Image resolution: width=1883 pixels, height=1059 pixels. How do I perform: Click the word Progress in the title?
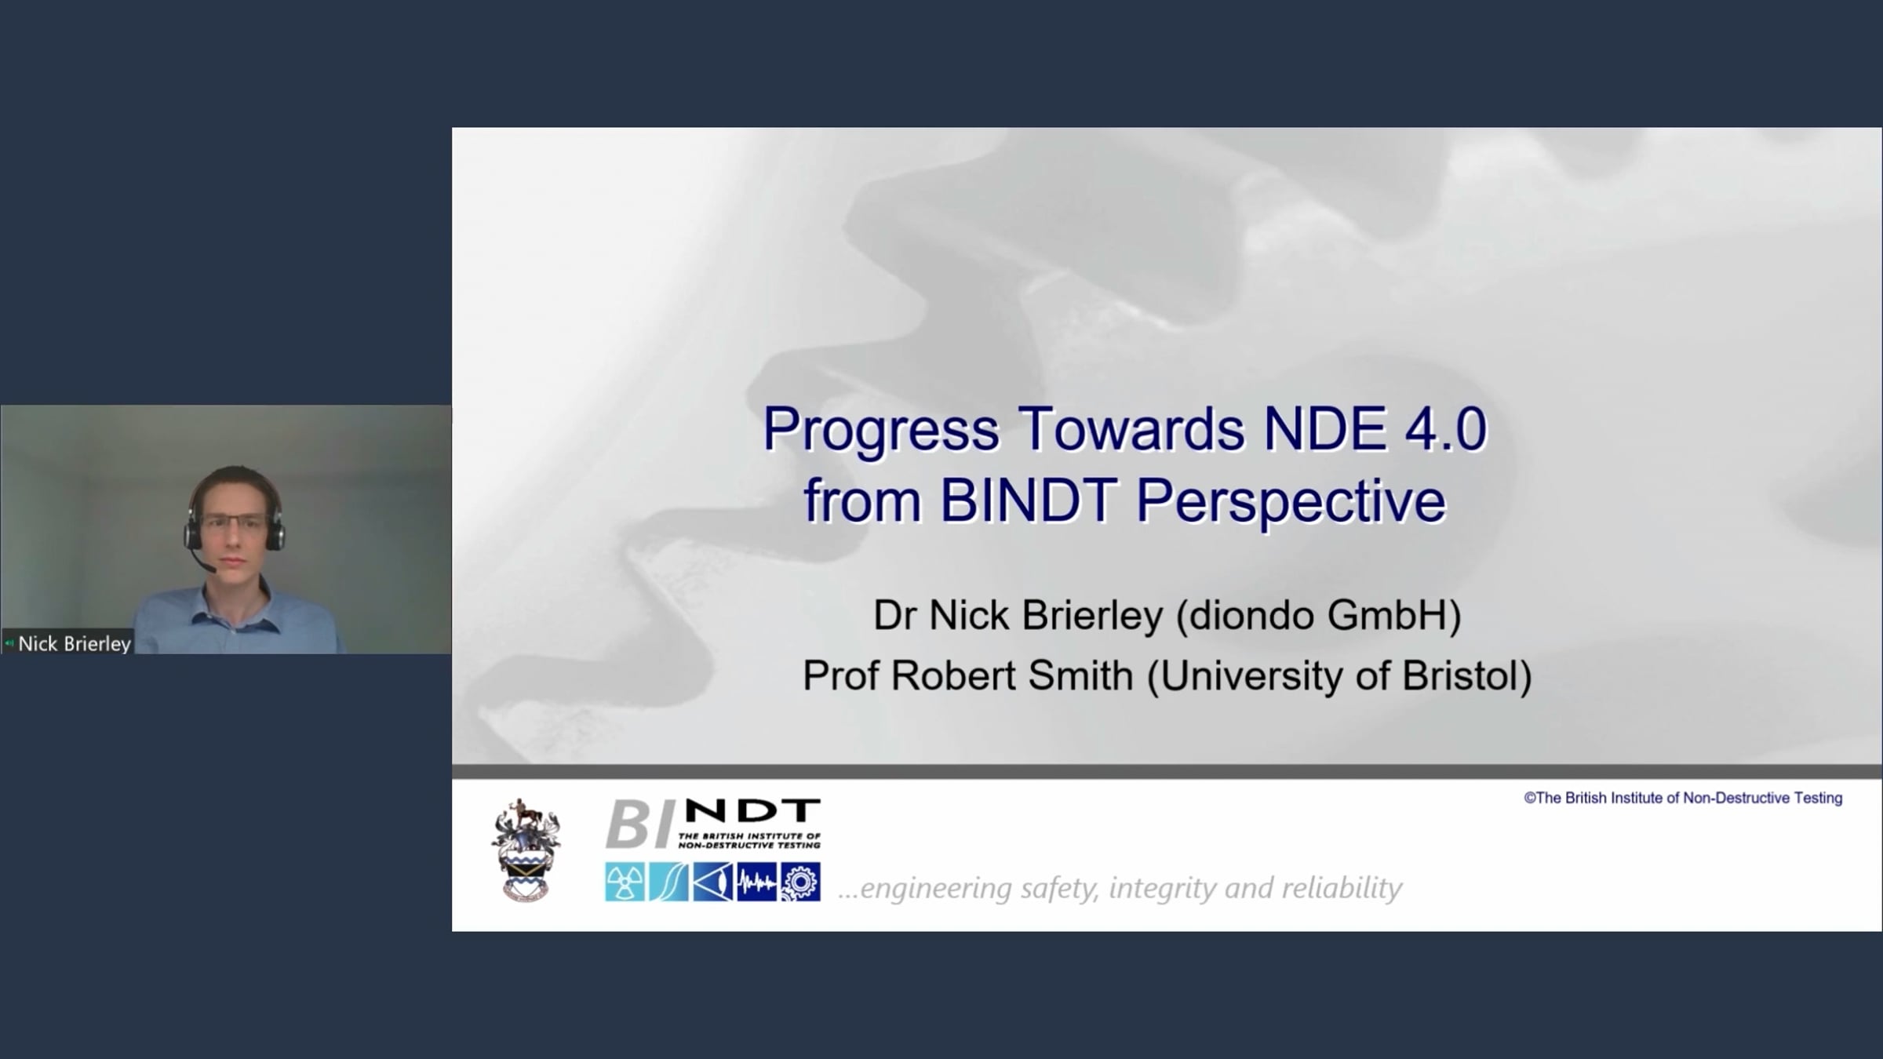[x=881, y=431]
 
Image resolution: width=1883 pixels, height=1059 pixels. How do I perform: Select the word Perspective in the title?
[x=1291, y=502]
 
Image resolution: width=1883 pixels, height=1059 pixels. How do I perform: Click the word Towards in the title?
[x=1132, y=429]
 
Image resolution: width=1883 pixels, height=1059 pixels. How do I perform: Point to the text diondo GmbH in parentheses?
[x=1318, y=616]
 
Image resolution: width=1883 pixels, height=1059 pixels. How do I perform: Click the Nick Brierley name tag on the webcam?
[x=68, y=643]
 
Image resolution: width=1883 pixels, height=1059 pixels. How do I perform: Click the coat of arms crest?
[x=526, y=850]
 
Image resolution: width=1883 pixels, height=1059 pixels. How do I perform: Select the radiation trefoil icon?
[x=625, y=882]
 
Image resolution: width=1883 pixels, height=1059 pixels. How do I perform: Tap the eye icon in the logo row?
[x=712, y=882]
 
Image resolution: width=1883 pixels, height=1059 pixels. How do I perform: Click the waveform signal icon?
[x=756, y=882]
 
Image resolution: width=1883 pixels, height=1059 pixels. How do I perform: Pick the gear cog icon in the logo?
[x=800, y=882]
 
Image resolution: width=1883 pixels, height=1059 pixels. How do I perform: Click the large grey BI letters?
[x=639, y=824]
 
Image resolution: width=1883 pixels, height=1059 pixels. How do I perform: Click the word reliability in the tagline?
[x=1342, y=889]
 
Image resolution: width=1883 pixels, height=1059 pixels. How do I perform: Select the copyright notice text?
[x=1683, y=798]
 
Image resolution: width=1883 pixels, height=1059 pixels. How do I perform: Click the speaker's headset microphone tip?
[x=209, y=568]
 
